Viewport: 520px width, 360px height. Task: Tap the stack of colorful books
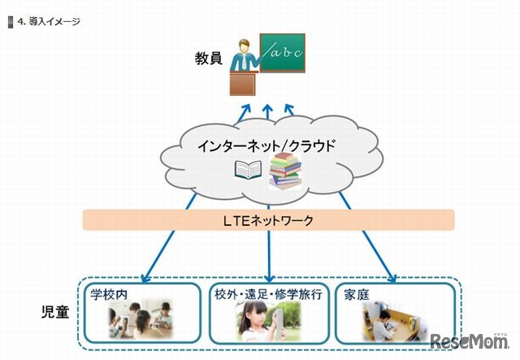(284, 169)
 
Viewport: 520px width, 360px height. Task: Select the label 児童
(55, 311)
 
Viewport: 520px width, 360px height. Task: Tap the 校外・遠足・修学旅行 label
(270, 293)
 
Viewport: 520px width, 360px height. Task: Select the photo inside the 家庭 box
(392, 320)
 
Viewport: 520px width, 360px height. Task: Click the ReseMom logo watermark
(470, 340)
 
